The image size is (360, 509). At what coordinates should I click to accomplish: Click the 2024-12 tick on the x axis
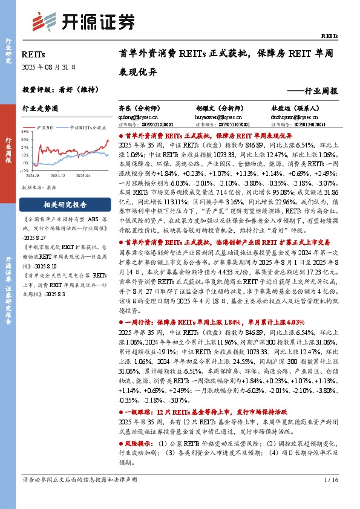57,175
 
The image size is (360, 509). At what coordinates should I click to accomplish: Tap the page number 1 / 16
330,497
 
